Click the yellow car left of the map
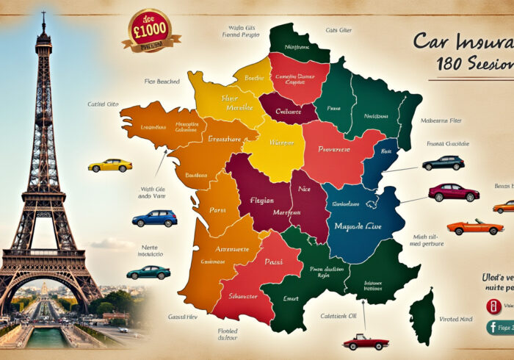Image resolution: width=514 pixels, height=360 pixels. pos(110,165)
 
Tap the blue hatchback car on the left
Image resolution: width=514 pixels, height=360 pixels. pos(154,218)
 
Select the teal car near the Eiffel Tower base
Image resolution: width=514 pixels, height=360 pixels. pos(148,272)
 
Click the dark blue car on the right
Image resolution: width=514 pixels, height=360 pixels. pos(444,163)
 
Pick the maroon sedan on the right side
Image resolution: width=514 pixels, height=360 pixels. pos(454,192)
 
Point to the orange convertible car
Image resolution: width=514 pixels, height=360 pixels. pos(475,226)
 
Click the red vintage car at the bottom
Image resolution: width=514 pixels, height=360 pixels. pos(365,342)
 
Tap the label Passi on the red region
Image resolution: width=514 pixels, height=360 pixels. pos(273,261)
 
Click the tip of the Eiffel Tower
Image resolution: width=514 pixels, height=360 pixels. pos(43,13)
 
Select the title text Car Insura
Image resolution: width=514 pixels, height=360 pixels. pos(463,40)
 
